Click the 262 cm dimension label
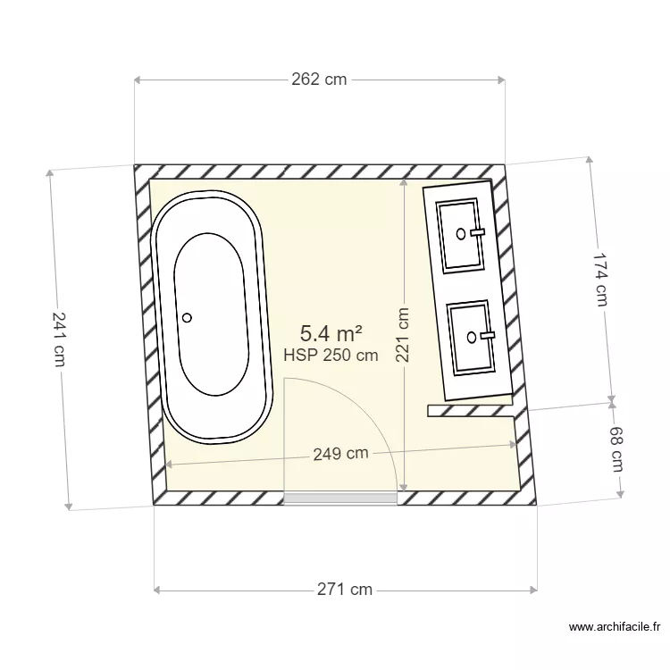pyautogui.click(x=319, y=80)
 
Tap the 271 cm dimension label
pyautogui.click(x=345, y=590)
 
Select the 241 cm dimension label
pyautogui.click(x=59, y=338)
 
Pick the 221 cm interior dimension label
pyautogui.click(x=403, y=335)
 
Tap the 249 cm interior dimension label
pyautogui.click(x=340, y=454)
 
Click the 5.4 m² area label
pyautogui.click(x=331, y=334)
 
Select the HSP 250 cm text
pyautogui.click(x=331, y=356)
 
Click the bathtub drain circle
pyautogui.click(x=188, y=317)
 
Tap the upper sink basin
pyautogui.click(x=462, y=234)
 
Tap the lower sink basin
pyautogui.click(x=471, y=337)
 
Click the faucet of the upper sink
pyautogui.click(x=477, y=232)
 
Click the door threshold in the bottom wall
pyautogui.click(x=340, y=497)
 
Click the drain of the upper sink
pyautogui.click(x=461, y=234)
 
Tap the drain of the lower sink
pyautogui.click(x=471, y=337)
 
